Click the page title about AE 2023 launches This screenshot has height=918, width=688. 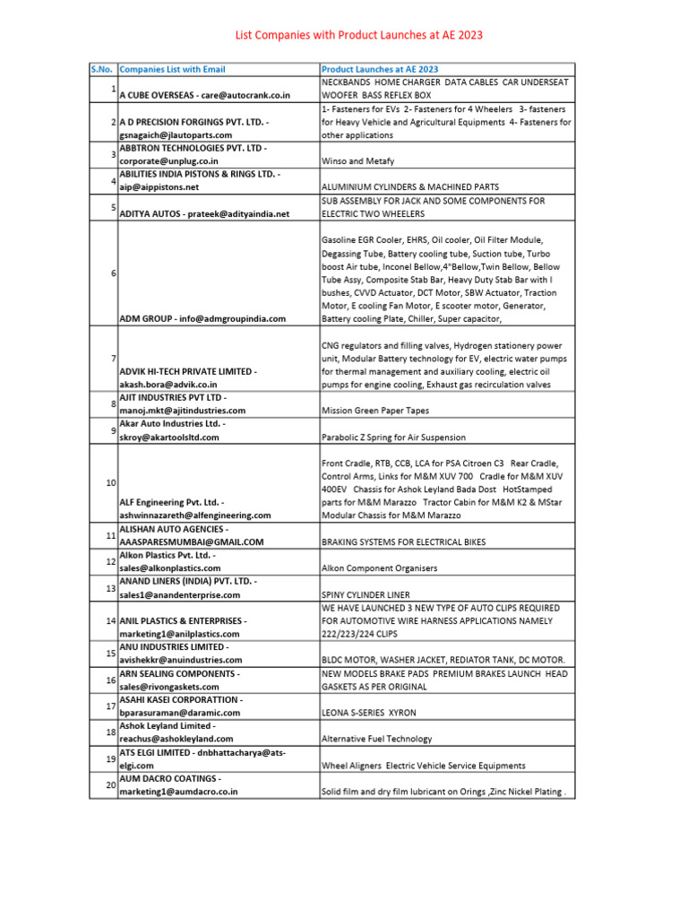[358, 35]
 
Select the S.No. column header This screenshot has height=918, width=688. [102, 69]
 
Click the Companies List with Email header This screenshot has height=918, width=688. [173, 69]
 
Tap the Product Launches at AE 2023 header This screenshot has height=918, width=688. [380, 69]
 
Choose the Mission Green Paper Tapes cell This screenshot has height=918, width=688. [374, 411]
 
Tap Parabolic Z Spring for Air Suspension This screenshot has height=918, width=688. [393, 437]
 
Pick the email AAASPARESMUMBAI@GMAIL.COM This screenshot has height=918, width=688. [192, 542]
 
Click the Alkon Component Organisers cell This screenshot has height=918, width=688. [379, 568]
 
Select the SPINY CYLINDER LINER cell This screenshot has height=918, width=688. [365, 594]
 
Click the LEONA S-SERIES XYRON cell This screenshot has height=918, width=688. [368, 713]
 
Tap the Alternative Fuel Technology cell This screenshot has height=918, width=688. [376, 739]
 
